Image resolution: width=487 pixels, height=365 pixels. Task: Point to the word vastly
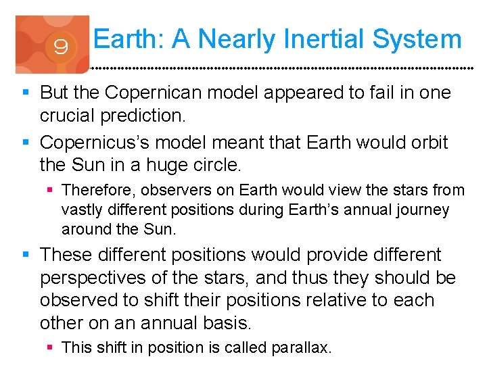click(81, 210)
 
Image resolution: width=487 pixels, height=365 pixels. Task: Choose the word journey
click(423, 210)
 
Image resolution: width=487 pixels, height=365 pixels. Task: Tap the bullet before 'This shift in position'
click(51, 347)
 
